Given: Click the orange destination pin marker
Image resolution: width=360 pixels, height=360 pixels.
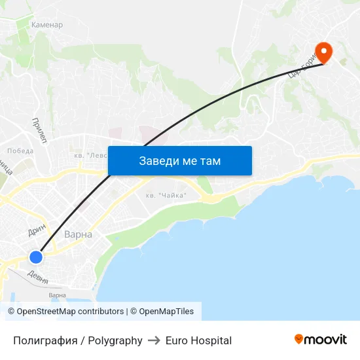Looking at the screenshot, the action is point(323,52).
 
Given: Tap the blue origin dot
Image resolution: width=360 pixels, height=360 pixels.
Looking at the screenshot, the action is point(36,257).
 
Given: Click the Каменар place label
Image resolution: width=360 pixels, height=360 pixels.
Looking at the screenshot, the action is point(47,25).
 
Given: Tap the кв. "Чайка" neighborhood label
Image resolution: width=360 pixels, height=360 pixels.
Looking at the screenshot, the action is point(166,195).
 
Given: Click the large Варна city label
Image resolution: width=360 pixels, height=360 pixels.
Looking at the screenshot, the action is point(78,234).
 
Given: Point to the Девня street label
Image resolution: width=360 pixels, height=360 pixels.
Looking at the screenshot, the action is point(38,276).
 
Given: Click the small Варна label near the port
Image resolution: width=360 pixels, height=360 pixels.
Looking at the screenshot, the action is point(57,295).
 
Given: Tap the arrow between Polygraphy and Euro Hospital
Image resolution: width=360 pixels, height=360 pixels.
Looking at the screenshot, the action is point(154,340).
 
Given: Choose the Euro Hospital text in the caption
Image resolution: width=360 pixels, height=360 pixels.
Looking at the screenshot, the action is point(198,340).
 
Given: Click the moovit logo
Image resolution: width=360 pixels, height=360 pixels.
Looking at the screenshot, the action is point(321,339).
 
